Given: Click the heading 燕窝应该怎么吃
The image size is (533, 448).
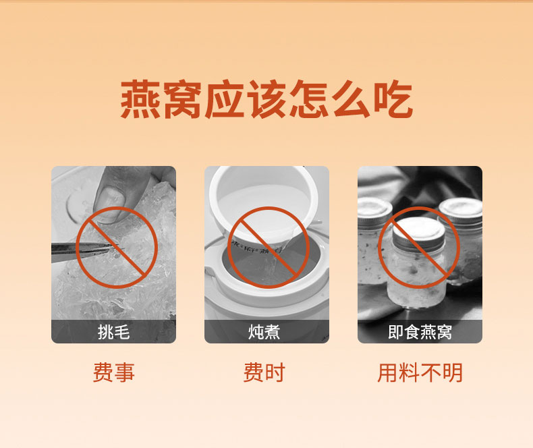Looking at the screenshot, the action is [x=267, y=99].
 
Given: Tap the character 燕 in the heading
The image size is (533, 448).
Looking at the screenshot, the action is [x=140, y=99].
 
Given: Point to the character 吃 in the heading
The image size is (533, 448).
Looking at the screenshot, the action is [x=393, y=99].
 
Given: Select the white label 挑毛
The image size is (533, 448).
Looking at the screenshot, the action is [x=113, y=332].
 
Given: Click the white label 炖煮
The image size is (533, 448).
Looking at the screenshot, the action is [x=264, y=332].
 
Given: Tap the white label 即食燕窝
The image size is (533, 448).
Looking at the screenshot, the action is [x=420, y=332].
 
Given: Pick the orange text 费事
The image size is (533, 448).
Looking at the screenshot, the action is [x=114, y=372].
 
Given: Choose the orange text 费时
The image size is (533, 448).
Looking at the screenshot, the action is [x=264, y=372].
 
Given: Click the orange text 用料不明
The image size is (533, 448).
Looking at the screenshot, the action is [x=420, y=372].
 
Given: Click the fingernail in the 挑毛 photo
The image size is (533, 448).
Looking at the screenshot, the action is [x=111, y=204].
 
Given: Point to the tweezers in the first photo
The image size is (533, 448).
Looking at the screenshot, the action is [x=85, y=249].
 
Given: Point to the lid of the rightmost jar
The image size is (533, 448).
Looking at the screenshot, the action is [x=461, y=210].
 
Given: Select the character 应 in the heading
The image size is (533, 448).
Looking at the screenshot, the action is [x=225, y=99].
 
